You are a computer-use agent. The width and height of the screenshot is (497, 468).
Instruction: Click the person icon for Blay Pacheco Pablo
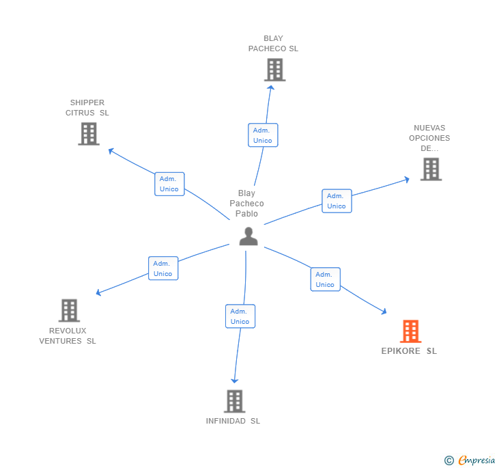click(248, 236)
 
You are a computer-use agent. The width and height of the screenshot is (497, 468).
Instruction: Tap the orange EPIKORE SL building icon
click(410, 331)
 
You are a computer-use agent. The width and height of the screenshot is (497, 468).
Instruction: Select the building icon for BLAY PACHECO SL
click(274, 70)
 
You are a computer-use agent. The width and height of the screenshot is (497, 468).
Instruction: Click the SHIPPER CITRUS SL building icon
click(89, 134)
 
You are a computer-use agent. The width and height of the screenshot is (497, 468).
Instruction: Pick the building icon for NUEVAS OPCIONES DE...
click(431, 169)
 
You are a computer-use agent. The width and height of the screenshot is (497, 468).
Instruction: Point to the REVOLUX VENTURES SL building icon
click(69, 310)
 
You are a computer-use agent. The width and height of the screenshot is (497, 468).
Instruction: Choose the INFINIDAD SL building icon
click(234, 401)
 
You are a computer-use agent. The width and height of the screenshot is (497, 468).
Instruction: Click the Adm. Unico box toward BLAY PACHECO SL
click(263, 135)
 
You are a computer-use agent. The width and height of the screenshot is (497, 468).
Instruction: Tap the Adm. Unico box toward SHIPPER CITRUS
click(169, 184)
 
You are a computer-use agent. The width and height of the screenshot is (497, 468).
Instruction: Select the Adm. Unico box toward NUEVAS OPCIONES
click(337, 201)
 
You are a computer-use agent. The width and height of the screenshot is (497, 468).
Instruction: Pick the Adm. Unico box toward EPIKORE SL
click(325, 279)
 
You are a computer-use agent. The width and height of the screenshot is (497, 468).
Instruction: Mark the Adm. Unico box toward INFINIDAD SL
click(240, 316)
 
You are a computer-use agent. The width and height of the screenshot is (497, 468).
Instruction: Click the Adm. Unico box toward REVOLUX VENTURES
click(163, 269)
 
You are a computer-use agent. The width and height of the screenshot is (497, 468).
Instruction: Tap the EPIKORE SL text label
click(409, 351)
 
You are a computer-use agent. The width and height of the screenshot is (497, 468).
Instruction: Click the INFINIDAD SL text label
click(233, 421)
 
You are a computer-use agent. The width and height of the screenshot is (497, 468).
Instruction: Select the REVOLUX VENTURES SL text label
click(68, 336)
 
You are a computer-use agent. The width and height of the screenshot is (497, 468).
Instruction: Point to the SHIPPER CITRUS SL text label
click(87, 108)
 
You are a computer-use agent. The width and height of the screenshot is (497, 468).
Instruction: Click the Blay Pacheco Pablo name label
click(246, 204)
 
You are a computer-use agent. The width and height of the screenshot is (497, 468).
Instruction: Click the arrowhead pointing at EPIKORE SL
click(384, 312)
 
